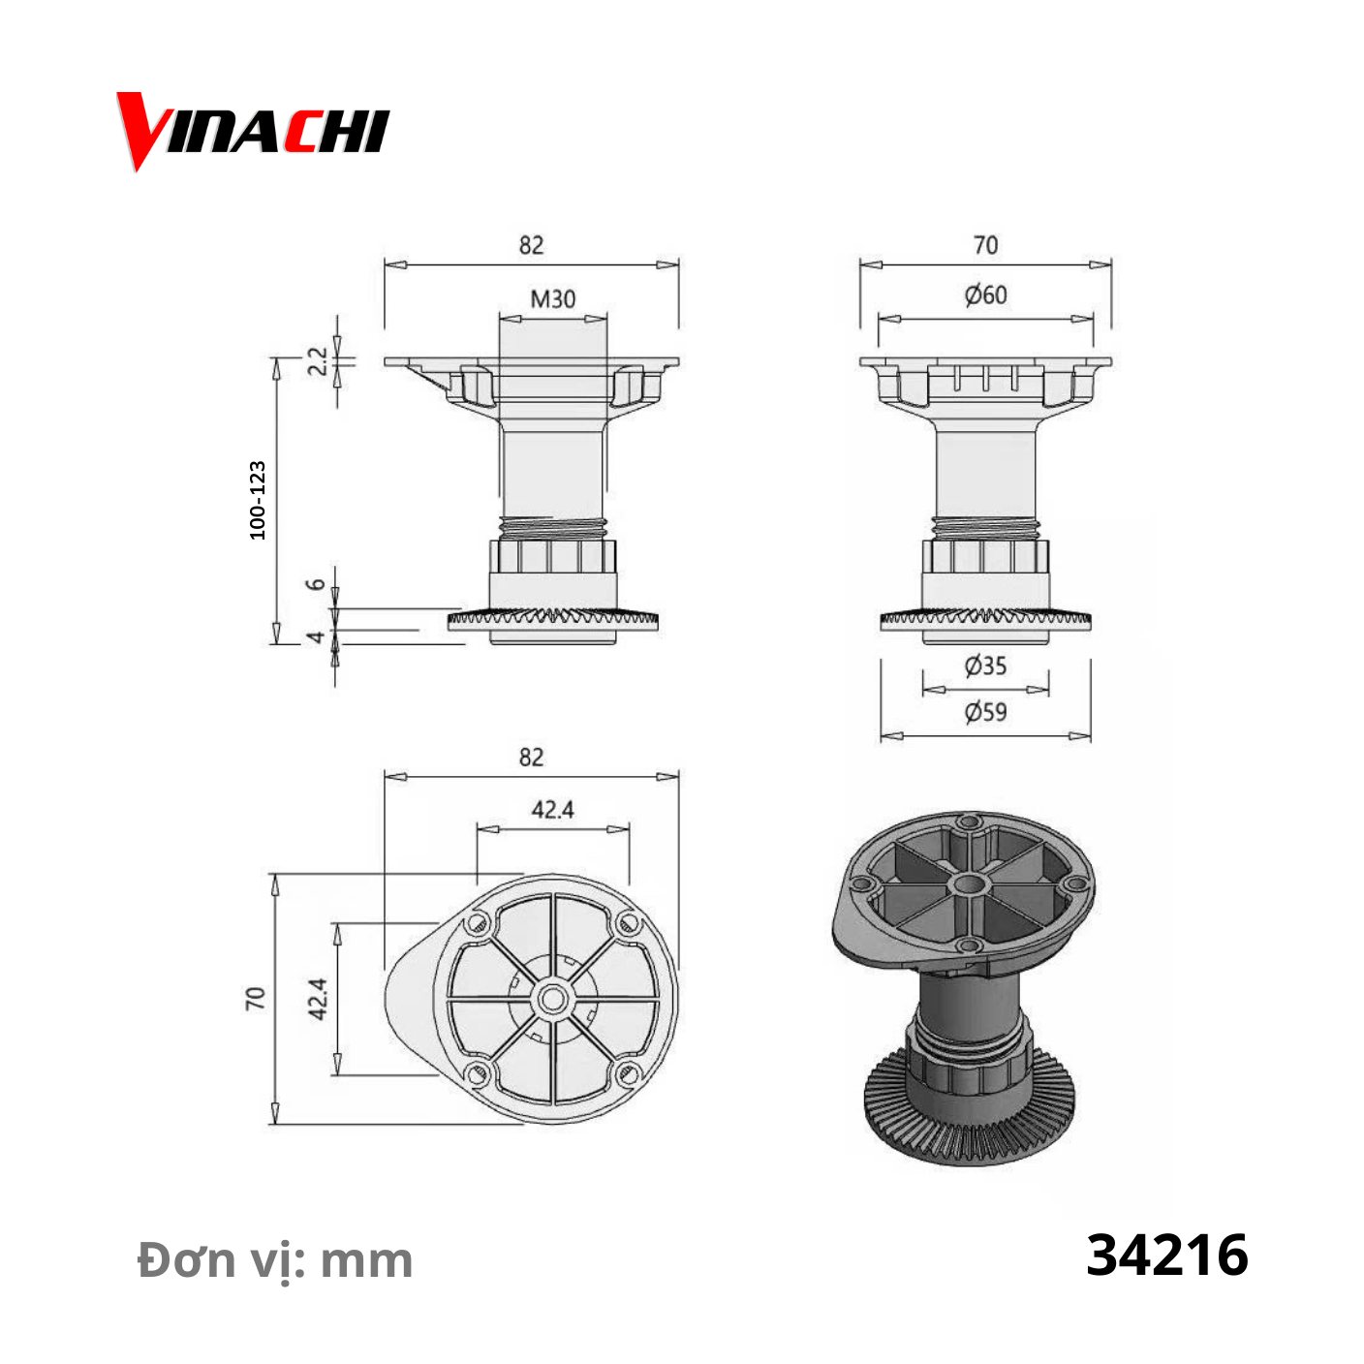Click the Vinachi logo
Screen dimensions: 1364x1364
pos(253,131)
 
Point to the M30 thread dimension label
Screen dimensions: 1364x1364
pos(553,298)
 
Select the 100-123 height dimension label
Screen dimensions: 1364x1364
pos(258,500)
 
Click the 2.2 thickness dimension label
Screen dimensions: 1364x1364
pos(318,361)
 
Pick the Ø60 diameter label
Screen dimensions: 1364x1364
pos(985,294)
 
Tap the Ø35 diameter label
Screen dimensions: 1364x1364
pos(985,666)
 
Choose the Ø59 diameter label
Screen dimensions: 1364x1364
pos(985,711)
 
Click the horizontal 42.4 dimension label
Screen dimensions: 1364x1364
pos(552,809)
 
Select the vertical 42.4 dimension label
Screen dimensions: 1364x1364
pos(318,999)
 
